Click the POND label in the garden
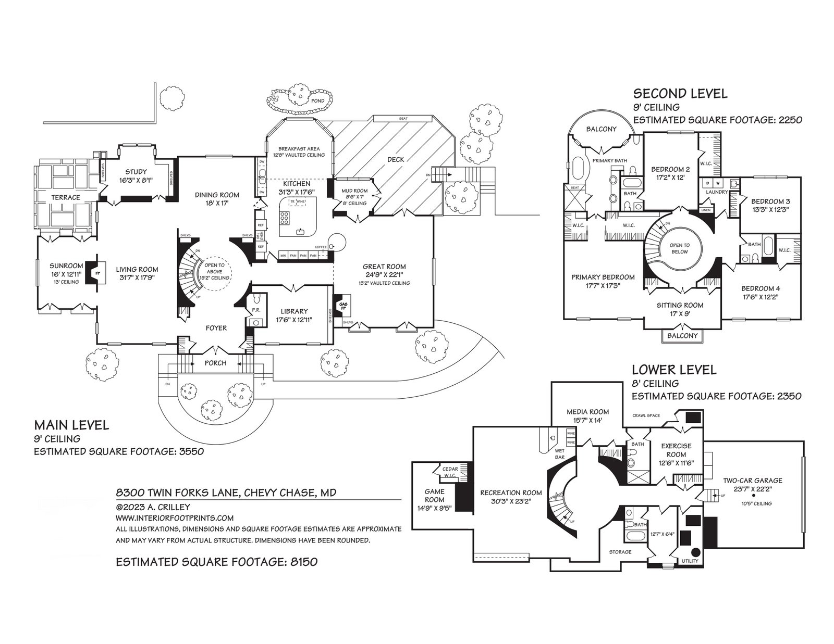coord(317,100)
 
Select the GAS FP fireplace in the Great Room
coord(342,306)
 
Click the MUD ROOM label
coord(354,191)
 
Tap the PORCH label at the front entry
coord(215,363)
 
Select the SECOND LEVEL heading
coord(680,94)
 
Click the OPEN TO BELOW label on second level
coord(680,248)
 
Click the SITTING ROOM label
coord(679,305)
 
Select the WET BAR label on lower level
coord(560,454)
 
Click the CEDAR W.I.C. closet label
coord(450,472)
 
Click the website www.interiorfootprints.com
coord(174,518)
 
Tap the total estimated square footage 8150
coord(216,562)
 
